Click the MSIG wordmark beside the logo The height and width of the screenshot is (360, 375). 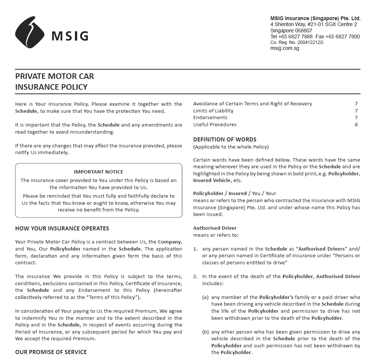[70, 36]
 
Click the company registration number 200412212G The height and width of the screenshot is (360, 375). [311, 42]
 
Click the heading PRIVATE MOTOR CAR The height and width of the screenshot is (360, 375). [54, 76]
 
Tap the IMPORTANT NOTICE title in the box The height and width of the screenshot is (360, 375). [98, 172]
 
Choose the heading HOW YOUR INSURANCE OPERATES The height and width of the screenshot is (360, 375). [62, 228]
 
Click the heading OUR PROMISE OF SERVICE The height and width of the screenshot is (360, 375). [51, 352]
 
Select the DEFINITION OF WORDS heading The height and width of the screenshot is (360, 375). [225, 140]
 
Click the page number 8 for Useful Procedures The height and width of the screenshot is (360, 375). [356, 124]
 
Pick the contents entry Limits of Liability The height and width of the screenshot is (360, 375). [213, 111]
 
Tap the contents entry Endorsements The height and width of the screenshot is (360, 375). [210, 117]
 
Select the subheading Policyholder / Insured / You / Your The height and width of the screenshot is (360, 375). [234, 193]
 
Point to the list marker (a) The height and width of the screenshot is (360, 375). [205, 297]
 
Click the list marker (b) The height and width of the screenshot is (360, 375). [205, 332]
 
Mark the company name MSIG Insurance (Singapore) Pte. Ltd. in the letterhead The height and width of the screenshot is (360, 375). [315, 18]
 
